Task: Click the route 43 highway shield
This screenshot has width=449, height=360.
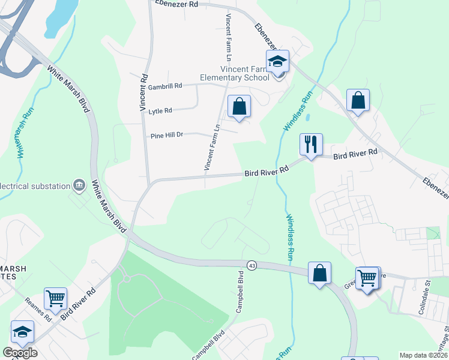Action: point(252,265)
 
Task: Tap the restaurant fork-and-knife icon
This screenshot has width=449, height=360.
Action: point(311,145)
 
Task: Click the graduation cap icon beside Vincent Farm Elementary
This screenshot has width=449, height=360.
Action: point(277,62)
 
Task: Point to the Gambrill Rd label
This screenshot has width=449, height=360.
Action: point(165,86)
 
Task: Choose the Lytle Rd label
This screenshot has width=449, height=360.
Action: point(160,111)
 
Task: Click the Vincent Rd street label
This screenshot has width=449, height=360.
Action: point(143,91)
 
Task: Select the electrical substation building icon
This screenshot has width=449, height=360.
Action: point(79,185)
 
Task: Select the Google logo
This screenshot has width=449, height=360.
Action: point(20,353)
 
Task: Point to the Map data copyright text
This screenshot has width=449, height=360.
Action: point(423,355)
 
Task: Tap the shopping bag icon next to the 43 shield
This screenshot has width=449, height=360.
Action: point(320,273)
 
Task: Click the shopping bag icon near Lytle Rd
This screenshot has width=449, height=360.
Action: point(239,107)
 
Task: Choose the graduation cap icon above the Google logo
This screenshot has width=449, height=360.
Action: point(22,332)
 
